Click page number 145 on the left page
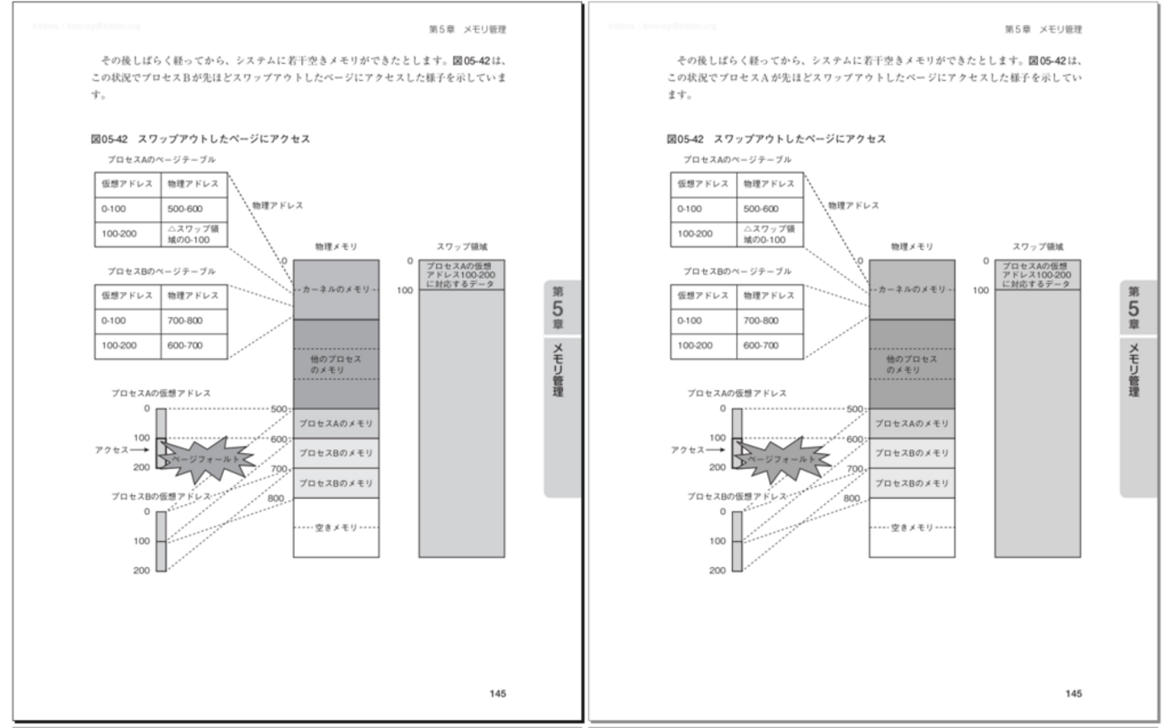pyautogui.click(x=498, y=693)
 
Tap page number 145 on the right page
pyautogui.click(x=1074, y=693)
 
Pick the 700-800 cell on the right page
pyautogui.click(x=770, y=321)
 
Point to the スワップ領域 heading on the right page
pyautogui.click(x=1037, y=246)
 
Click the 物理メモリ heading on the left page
pyautogui.click(x=335, y=246)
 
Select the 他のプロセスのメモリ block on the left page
pyautogui.click(x=335, y=364)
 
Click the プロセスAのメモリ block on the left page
pyautogui.click(x=335, y=422)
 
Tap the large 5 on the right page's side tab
pyautogui.click(x=1133, y=308)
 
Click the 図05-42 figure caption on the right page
pyautogui.click(x=776, y=139)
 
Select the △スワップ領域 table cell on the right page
pyautogui.click(x=770, y=234)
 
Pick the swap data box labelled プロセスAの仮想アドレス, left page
pyautogui.click(x=461, y=275)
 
